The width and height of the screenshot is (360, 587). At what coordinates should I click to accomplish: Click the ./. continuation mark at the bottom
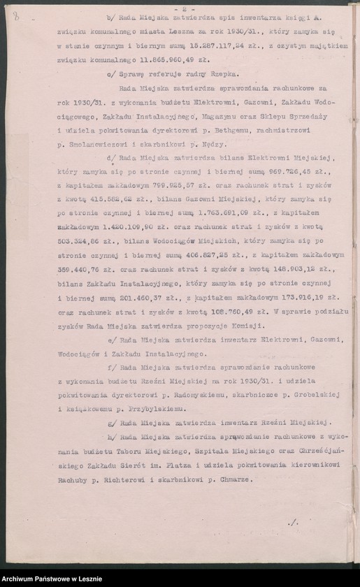[292, 521]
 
